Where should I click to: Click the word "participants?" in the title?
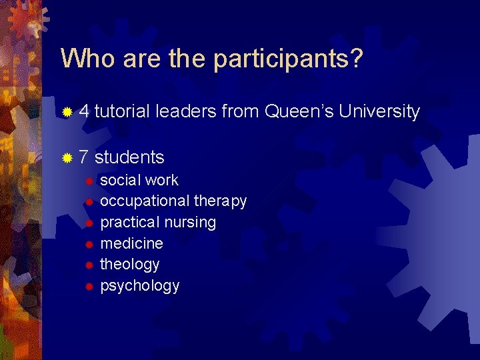(288, 59)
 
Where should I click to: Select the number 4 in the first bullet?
(84, 111)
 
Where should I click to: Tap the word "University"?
(379, 111)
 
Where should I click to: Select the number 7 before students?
(84, 157)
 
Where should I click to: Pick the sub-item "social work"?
(139, 180)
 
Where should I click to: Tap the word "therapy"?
(220, 201)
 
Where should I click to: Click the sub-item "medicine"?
(131, 243)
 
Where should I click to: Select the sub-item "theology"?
(129, 265)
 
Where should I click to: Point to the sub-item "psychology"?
(139, 286)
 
